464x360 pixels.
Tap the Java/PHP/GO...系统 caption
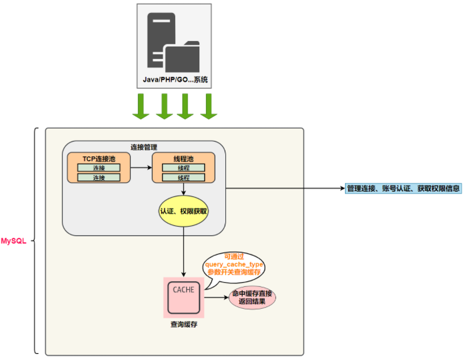[175, 80]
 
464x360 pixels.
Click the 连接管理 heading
[144, 147]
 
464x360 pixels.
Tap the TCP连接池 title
[99, 159]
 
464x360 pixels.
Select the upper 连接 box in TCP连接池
[99, 168]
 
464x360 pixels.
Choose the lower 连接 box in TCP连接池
[99, 177]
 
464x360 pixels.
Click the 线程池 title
[183, 159]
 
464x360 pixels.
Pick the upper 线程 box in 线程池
[184, 168]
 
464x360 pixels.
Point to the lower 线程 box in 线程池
[184, 177]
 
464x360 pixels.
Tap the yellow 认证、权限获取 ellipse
[184, 211]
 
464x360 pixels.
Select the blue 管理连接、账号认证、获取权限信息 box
[403, 188]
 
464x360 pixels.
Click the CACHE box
[184, 297]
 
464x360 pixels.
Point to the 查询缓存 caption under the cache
[184, 325]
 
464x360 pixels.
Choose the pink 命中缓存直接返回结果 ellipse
[252, 298]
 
